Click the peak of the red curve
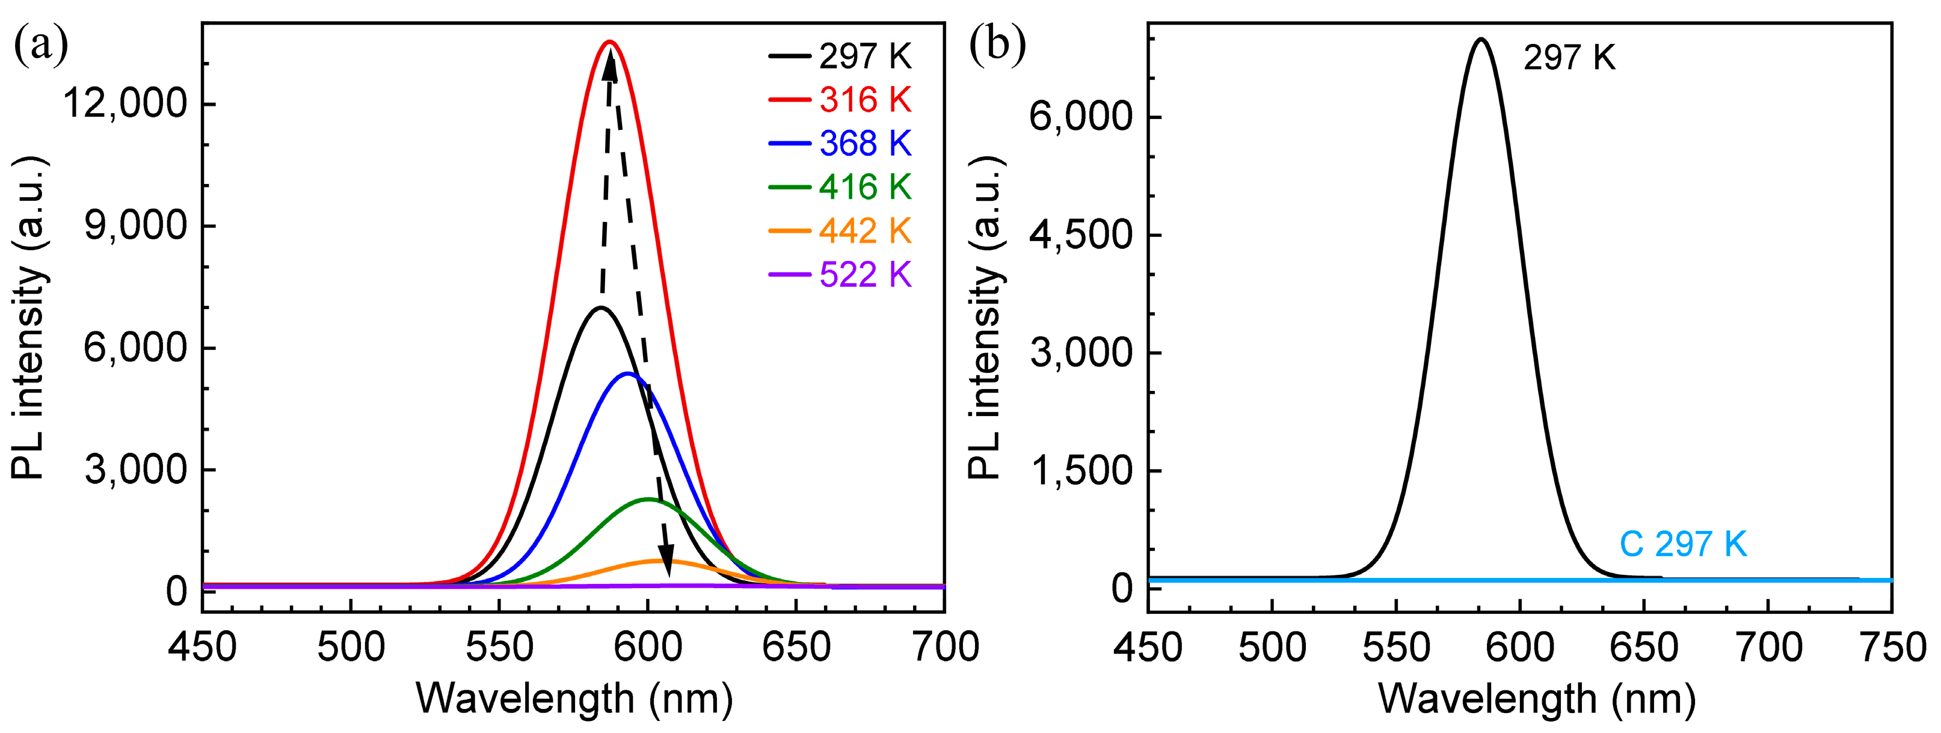pos(609,42)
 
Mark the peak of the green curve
pos(648,500)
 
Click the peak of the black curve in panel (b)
pos(1481,39)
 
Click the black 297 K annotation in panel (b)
pos(1569,57)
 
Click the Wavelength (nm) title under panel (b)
pos(1537,699)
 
